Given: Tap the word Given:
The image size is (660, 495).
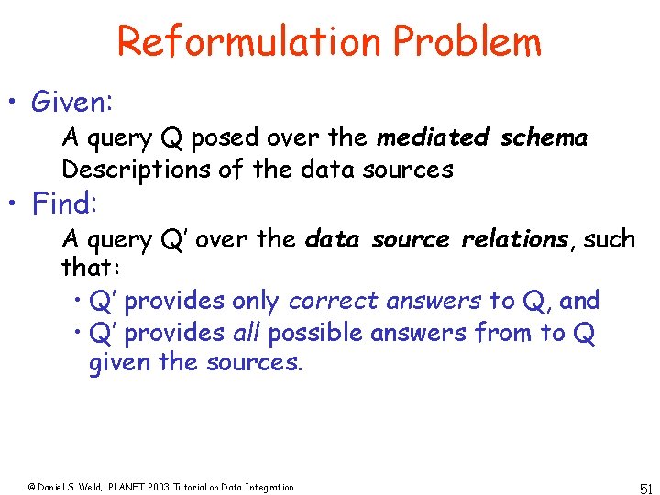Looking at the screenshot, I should [x=71, y=102].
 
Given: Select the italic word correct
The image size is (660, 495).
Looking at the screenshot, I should [x=334, y=300].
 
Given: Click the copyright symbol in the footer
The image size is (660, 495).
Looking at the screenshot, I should [x=31, y=487].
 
